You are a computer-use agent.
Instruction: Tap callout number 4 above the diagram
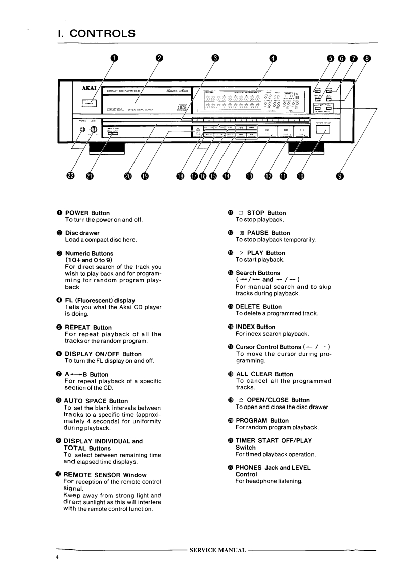274,59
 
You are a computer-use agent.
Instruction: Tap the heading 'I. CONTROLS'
96,34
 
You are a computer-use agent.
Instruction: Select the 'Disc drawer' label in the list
81,233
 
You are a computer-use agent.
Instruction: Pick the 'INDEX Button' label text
255,327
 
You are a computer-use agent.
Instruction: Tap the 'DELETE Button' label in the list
258,307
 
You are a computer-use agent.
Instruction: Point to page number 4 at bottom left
58,558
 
